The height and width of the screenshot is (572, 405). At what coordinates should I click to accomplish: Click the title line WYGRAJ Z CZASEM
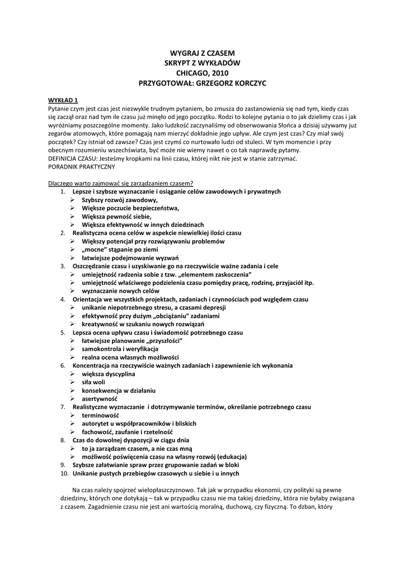[x=202, y=52]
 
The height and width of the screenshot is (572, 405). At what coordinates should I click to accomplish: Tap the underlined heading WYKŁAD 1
[x=63, y=99]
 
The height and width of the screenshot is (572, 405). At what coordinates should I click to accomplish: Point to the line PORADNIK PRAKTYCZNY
[x=82, y=166]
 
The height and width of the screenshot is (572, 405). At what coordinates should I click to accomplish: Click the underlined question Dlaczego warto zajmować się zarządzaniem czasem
[x=121, y=183]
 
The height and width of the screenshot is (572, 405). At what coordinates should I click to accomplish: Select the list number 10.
[x=64, y=473]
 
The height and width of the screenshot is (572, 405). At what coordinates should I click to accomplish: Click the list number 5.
[x=63, y=332]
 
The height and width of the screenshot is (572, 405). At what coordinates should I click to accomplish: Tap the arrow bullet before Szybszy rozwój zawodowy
[x=73, y=199]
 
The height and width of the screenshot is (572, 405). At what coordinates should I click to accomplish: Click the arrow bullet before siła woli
[x=73, y=382]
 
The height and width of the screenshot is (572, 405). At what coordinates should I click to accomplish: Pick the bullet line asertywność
[x=100, y=399]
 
